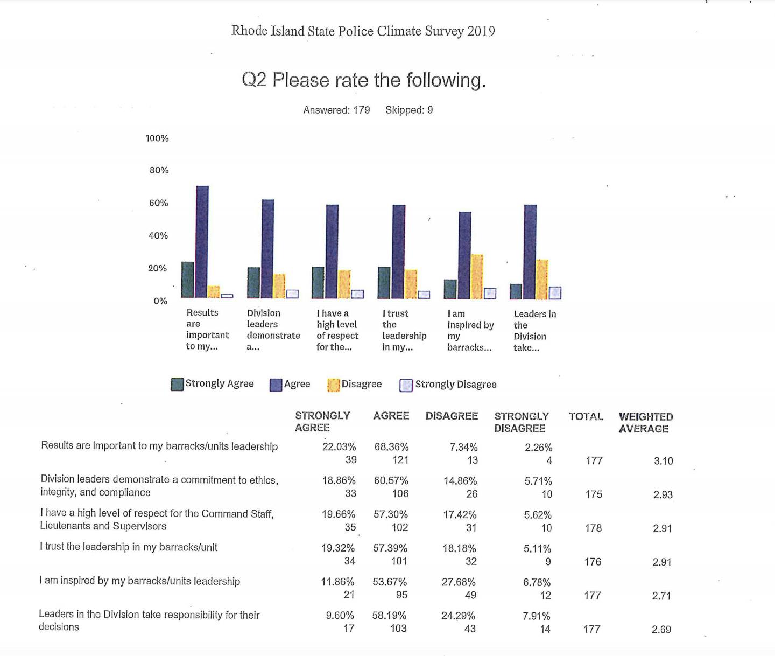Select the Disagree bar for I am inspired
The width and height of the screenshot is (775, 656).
(477, 276)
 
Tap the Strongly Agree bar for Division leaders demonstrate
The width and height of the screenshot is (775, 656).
(253, 283)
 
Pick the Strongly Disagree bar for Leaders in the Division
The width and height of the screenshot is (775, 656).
(555, 292)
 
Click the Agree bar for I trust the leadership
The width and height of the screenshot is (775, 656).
(399, 252)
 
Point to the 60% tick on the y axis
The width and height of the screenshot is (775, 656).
(158, 203)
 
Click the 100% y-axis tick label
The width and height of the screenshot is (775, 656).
(157, 138)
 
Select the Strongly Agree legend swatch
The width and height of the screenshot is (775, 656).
(177, 384)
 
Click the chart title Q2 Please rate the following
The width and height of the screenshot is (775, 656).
(364, 80)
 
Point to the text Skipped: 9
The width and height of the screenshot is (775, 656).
(409, 110)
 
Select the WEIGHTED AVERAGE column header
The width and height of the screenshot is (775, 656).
(645, 423)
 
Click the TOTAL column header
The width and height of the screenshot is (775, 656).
(586, 416)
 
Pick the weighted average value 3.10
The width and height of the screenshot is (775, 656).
(663, 461)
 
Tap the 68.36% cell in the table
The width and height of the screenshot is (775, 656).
(391, 447)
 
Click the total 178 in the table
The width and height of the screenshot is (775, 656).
(593, 528)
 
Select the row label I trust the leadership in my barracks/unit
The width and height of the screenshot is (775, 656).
(129, 547)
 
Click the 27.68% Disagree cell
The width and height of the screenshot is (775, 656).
(459, 582)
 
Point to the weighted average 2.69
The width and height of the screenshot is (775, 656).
(661, 629)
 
